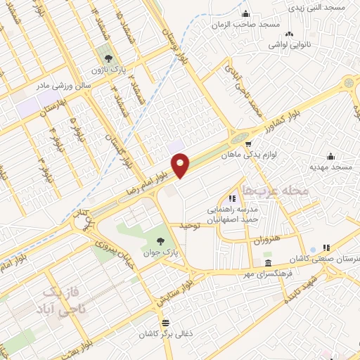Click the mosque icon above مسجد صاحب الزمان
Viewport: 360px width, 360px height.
pyautogui.click(x=245, y=15)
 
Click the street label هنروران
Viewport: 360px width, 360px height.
pyautogui.click(x=264, y=239)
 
